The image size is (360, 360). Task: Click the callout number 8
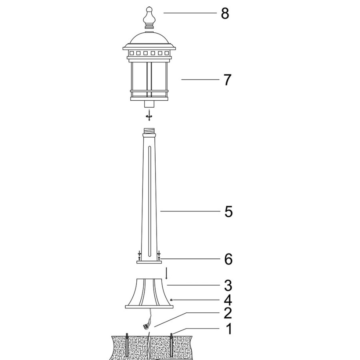click(225, 13)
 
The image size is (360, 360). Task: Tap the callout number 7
click(227, 80)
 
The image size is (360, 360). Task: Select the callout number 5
click(228, 212)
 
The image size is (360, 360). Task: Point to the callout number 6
click(228, 259)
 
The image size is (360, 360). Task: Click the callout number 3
click(228, 286)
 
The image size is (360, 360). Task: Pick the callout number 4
click(228, 300)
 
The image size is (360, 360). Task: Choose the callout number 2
click(228, 313)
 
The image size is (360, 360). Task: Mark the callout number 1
click(229, 329)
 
